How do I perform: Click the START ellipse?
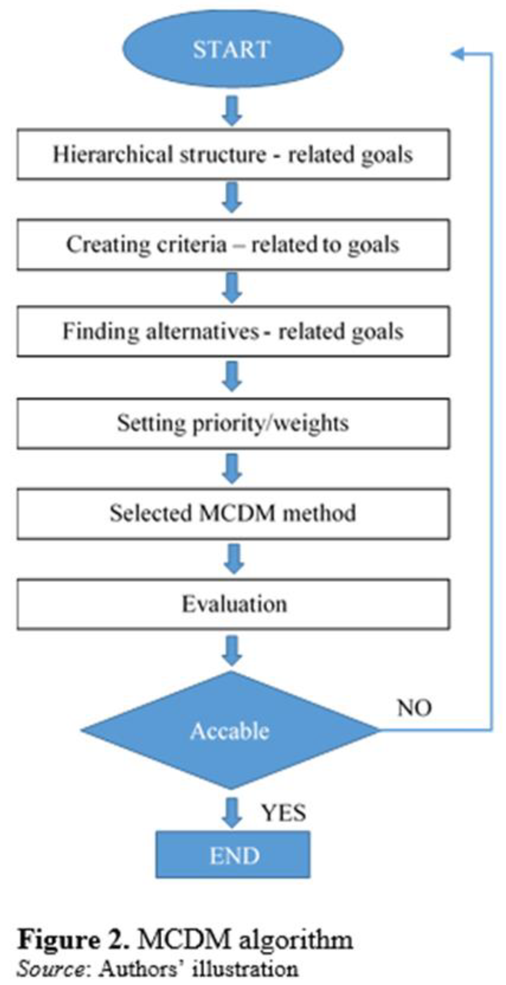pyautogui.click(x=233, y=49)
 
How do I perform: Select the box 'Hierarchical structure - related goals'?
pyautogui.click(x=233, y=154)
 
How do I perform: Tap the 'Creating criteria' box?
pyautogui.click(x=233, y=244)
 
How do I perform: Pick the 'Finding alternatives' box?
pyautogui.click(x=233, y=331)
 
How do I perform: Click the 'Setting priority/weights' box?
pyautogui.click(x=233, y=423)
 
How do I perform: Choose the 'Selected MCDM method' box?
pyautogui.click(x=233, y=514)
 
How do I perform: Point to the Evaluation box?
pyautogui.click(x=233, y=604)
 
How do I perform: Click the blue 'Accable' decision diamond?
pyautogui.click(x=230, y=730)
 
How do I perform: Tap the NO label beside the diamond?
pyautogui.click(x=415, y=708)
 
